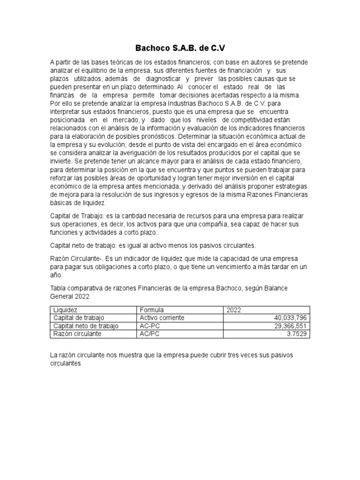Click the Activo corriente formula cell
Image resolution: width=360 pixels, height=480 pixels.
[x=162, y=318]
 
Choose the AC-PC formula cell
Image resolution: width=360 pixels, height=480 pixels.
[x=150, y=326]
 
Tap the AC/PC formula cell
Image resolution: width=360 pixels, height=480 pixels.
[x=150, y=334]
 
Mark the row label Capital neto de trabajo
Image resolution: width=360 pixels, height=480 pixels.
[x=86, y=326]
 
